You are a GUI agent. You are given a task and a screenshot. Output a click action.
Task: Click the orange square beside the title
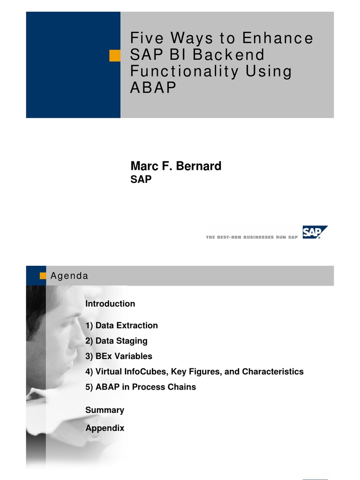coord(115,56)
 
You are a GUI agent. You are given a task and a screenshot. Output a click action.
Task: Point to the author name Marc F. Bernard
coord(175,166)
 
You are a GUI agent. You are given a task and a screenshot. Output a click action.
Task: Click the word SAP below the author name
coord(141,180)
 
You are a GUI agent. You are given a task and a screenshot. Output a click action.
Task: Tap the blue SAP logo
coord(315,232)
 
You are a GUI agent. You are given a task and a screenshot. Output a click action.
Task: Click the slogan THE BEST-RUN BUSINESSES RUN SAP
coord(252,238)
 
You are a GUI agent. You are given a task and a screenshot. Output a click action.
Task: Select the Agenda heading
coord(69,276)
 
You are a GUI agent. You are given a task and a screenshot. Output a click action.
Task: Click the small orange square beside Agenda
coord(43,276)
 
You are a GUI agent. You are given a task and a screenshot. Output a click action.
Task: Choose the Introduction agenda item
coord(110,304)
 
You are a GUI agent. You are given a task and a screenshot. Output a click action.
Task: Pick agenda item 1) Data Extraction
coord(121,325)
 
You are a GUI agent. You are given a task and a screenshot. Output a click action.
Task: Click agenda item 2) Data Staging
coord(116,341)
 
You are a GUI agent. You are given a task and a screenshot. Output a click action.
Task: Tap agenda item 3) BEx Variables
coord(119,356)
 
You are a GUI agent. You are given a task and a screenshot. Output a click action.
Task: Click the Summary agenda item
coord(105,410)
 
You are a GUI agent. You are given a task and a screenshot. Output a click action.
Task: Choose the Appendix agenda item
coord(105,428)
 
